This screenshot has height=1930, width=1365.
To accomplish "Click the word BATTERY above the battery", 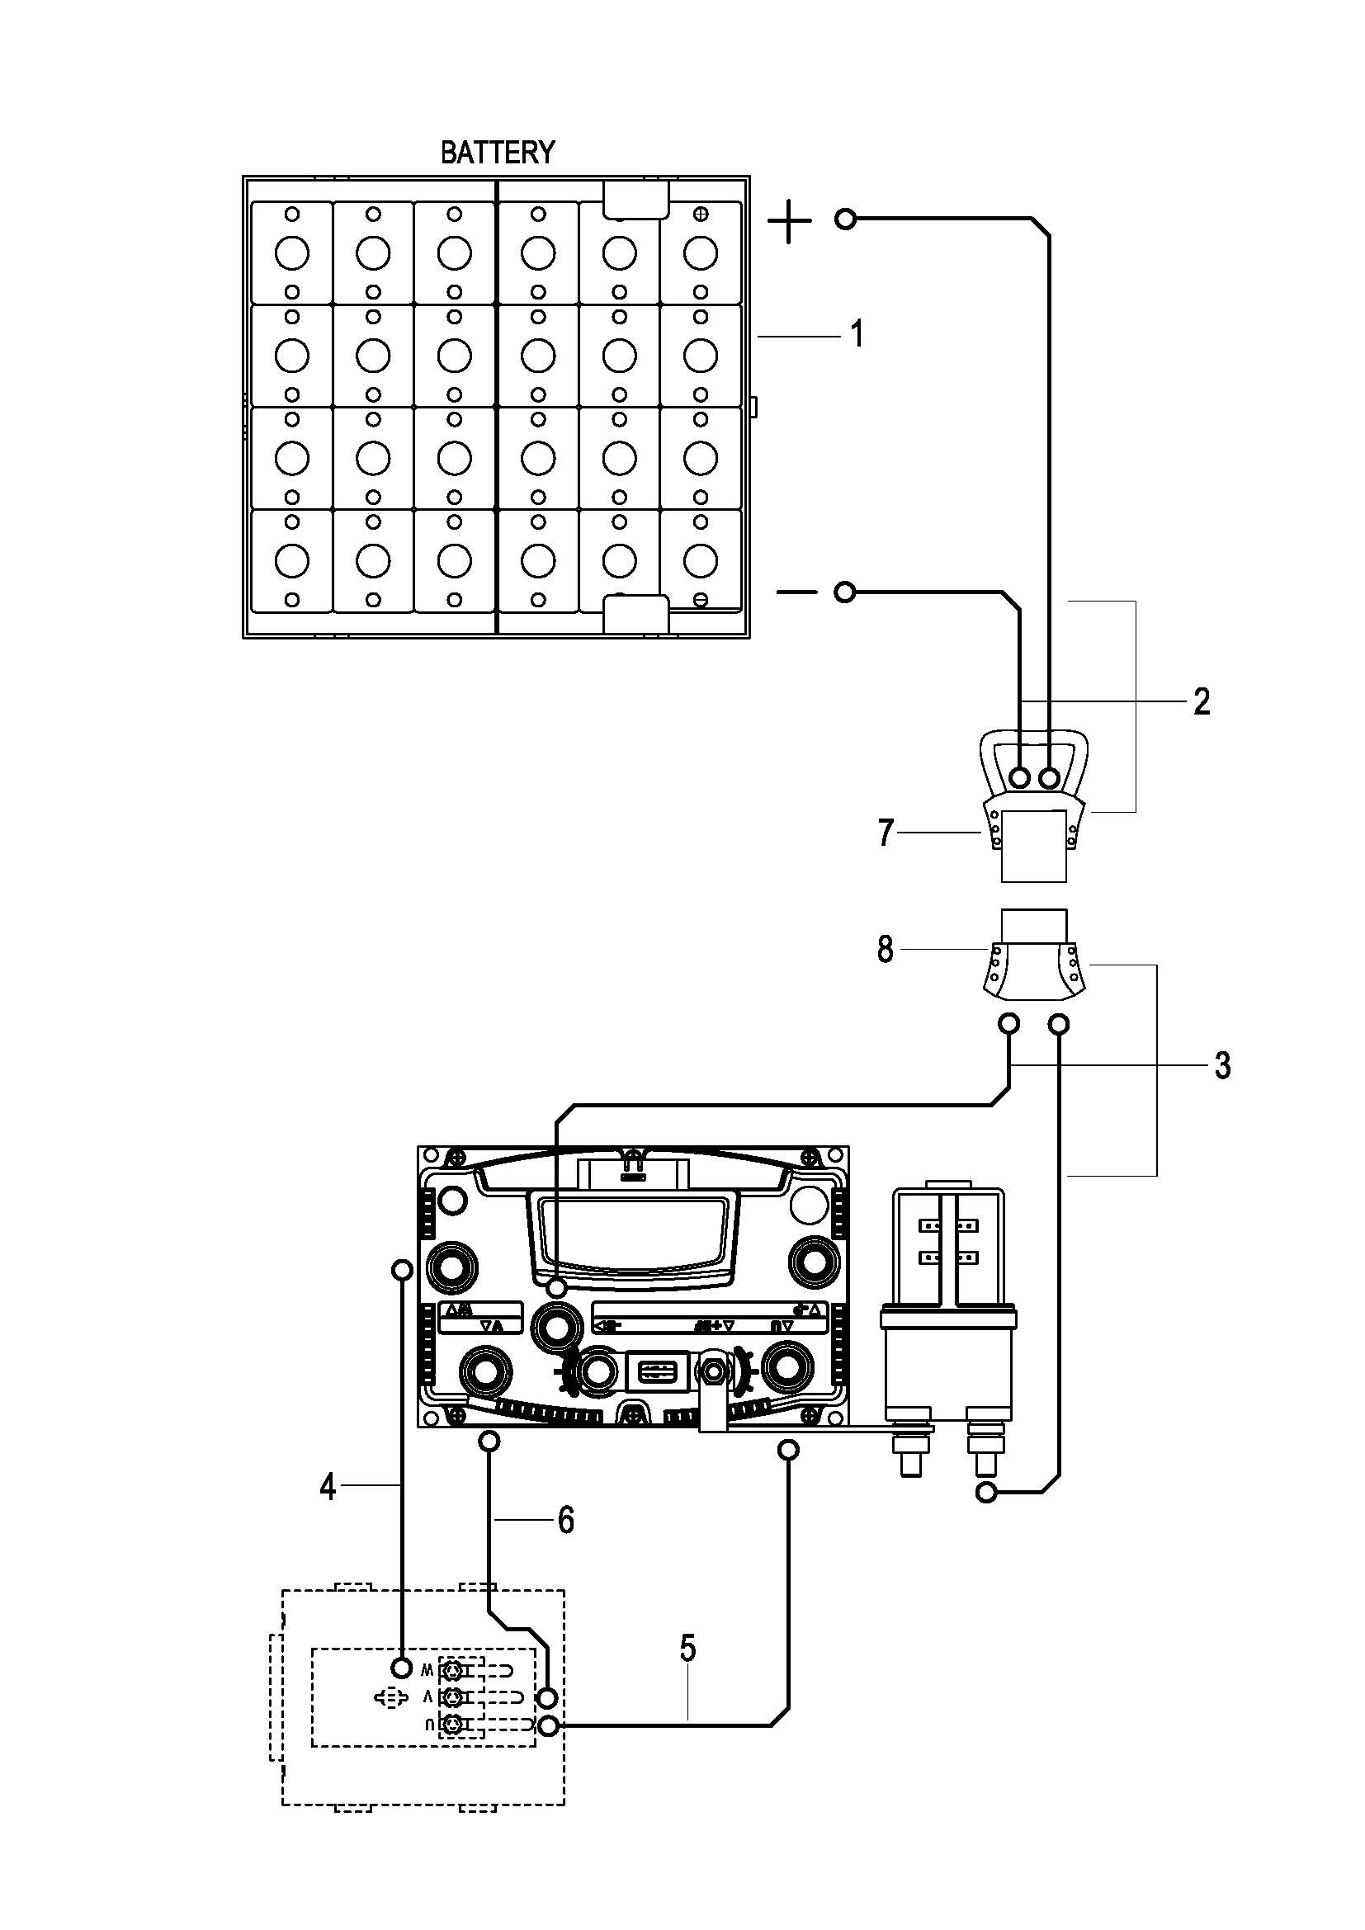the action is [x=498, y=152].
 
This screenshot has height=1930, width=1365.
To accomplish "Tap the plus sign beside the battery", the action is [x=789, y=221].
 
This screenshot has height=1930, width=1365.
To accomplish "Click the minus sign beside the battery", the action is [x=796, y=592].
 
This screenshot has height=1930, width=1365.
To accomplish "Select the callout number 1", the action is [x=857, y=334].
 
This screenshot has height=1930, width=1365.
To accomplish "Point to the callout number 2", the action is [x=1202, y=701].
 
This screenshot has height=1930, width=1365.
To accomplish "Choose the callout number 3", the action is [x=1223, y=1065].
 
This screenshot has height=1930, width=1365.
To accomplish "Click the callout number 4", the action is [x=328, y=1487].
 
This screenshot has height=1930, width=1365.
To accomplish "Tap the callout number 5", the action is [x=687, y=1648].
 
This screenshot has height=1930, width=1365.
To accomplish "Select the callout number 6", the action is [x=565, y=1519].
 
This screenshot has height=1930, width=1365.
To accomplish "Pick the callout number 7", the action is [x=885, y=833].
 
